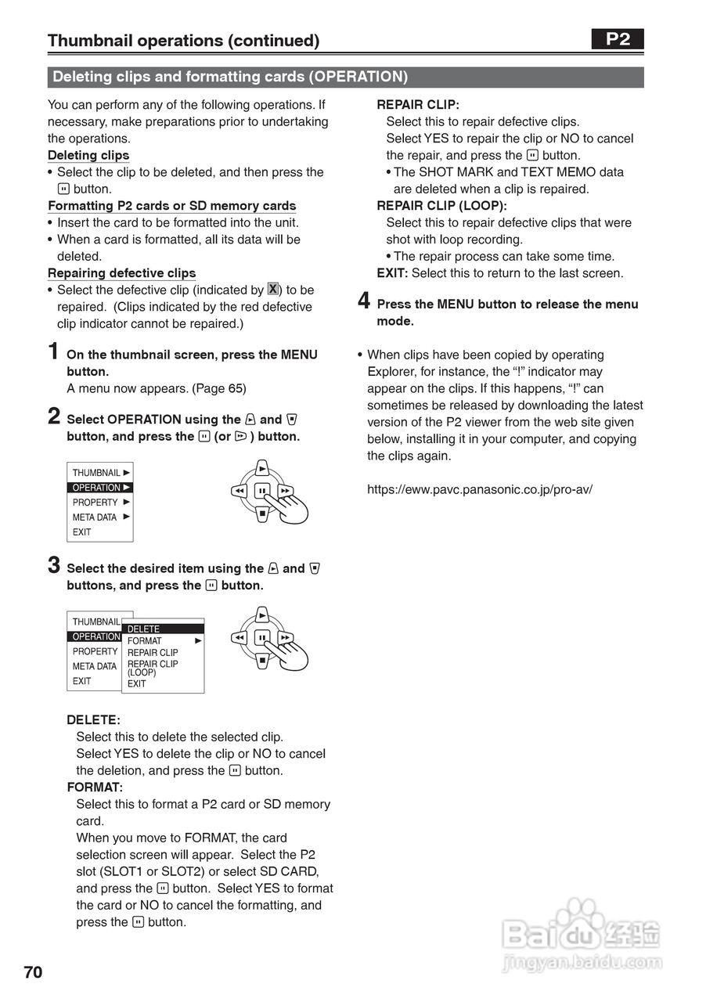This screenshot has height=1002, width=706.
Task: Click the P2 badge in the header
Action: [x=618, y=39]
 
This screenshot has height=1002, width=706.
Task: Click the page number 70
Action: [x=34, y=972]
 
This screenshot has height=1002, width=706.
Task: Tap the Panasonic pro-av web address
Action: [x=480, y=489]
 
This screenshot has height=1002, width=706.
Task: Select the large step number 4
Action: [x=364, y=301]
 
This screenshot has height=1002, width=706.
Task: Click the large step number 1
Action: [x=53, y=351]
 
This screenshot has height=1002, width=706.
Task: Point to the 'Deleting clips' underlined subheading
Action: [x=88, y=155]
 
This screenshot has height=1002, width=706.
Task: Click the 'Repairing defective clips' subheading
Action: [x=121, y=273]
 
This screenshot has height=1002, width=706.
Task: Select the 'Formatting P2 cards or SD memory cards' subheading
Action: [x=171, y=206]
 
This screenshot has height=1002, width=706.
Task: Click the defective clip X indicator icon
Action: [x=272, y=289]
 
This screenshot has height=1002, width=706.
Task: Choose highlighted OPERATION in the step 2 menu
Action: [x=99, y=488]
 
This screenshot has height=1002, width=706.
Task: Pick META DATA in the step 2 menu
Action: [x=95, y=517]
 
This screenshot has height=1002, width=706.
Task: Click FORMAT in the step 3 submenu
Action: [x=145, y=641]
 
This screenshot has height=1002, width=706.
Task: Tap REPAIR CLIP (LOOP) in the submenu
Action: [x=153, y=668]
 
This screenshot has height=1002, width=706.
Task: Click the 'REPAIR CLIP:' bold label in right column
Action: [x=418, y=104]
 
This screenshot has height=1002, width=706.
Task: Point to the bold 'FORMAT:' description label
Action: [x=95, y=788]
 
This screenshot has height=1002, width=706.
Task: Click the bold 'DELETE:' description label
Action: [x=93, y=720]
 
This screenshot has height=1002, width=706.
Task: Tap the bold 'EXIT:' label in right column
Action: [x=392, y=273]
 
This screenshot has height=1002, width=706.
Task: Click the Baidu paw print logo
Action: [x=580, y=917]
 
